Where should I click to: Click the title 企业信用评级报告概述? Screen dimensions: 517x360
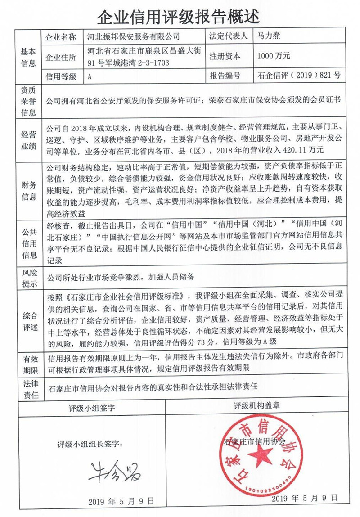coord(180,17)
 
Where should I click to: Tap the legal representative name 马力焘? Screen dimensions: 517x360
coord(270,36)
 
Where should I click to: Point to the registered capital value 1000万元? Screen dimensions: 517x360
coord(274,56)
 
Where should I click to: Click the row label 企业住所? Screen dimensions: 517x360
coord(62,56)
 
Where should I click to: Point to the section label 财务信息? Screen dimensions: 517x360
coord(28,191)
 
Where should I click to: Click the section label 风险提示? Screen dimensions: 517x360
coord(28,278)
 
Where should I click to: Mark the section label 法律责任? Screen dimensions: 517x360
coord(28,390)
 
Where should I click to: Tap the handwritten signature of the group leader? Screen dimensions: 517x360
coord(108,469)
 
